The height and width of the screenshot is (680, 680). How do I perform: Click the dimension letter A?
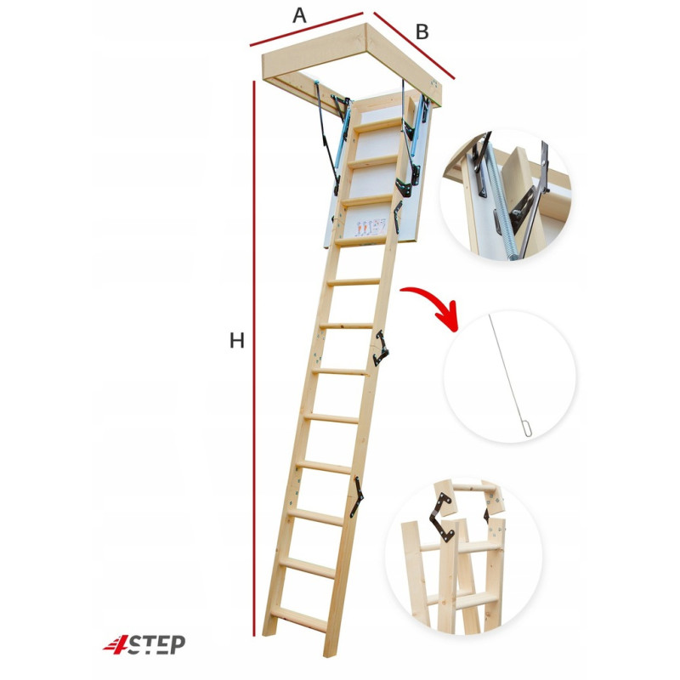coord(299,15)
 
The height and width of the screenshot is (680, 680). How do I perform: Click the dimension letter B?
coord(422,32)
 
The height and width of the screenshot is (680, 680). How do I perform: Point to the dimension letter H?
coord(237,341)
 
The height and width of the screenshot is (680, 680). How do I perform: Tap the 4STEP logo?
coord(144,644)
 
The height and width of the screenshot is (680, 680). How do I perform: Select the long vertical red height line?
coord(254,358)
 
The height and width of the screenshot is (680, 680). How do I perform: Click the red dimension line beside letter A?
coord(306,29)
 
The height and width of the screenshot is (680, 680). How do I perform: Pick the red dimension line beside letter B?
coord(414,46)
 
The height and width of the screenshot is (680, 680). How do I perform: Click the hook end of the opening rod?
coord(527,431)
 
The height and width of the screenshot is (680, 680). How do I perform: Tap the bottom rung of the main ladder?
coord(300,619)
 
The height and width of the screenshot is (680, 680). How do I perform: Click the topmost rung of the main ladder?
coord(379,125)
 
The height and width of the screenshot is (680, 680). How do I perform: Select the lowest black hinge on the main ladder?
coord(357,496)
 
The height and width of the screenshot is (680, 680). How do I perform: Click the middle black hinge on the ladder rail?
coord(380,348)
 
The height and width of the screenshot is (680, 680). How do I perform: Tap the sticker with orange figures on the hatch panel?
coord(370,228)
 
